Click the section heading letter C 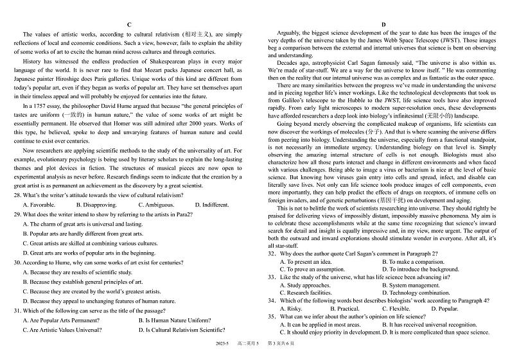pyautogui.click(x=129, y=24)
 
